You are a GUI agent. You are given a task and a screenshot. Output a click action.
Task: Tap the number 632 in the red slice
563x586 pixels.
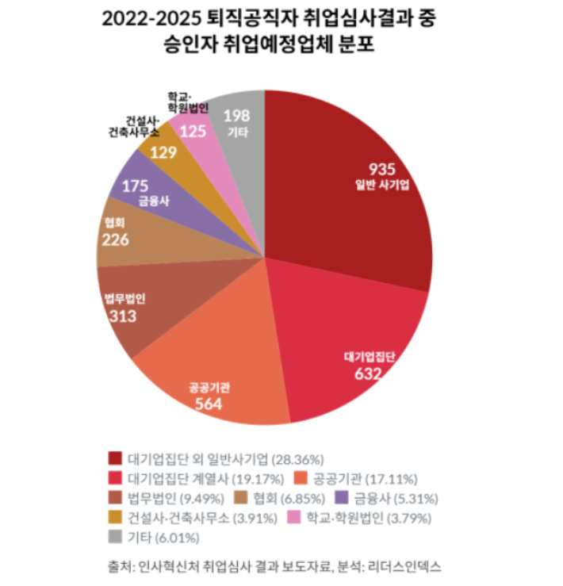tap(369, 373)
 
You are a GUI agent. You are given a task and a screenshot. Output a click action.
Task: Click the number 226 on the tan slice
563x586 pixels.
tap(117, 239)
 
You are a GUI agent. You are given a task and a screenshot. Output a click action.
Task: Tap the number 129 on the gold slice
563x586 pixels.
tap(163, 151)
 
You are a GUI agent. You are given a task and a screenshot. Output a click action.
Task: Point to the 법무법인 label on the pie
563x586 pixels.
tap(126, 299)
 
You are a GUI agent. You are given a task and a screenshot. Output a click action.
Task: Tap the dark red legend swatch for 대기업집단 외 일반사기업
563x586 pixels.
tap(116, 458)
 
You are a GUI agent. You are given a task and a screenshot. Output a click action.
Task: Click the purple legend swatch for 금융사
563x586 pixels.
tap(341, 499)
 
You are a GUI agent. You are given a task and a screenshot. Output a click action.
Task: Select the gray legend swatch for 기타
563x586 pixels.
tap(116, 538)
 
